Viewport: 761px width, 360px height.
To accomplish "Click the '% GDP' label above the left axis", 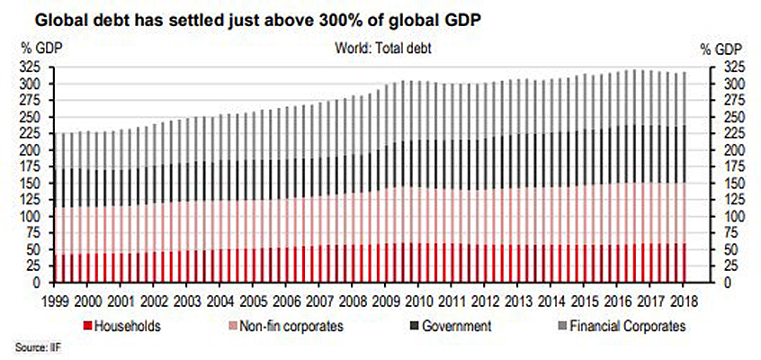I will point(35,49).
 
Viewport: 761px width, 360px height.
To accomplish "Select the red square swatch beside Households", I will point(87,326).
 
